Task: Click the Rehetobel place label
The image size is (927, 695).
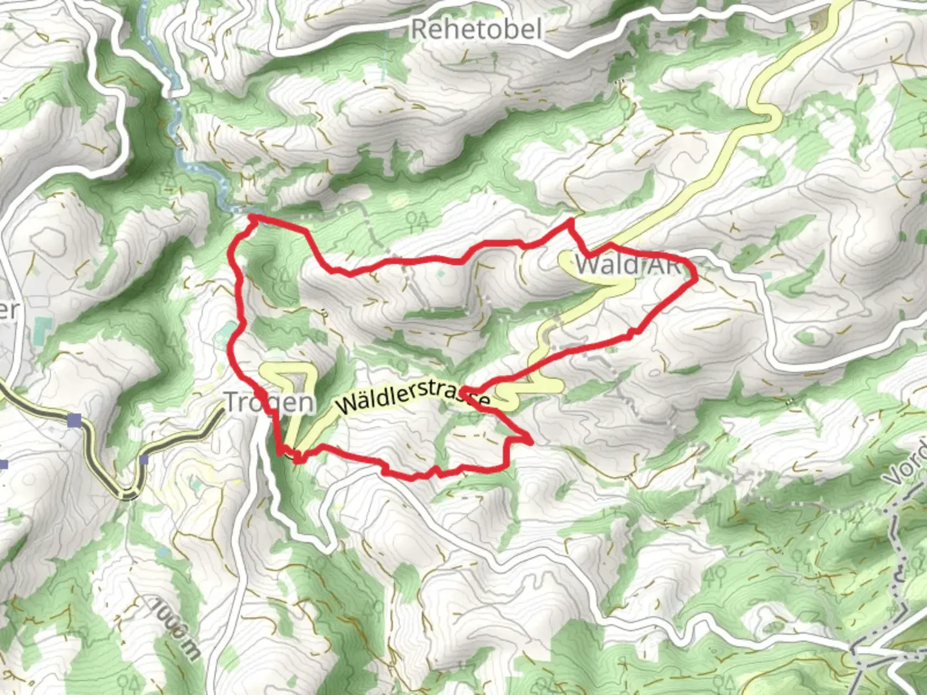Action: [x=476, y=29]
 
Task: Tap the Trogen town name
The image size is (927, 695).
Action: [x=269, y=402]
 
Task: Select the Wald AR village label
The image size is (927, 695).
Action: [x=628, y=264]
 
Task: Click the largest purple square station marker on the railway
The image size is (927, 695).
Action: [x=75, y=420]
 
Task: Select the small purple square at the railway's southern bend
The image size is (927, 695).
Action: [x=144, y=459]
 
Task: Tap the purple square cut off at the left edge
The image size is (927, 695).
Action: [x=3, y=464]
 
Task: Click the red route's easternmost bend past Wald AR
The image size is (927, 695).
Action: [x=695, y=275]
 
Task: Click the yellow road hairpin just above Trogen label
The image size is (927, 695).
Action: [x=286, y=369]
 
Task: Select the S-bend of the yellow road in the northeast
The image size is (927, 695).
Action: [x=766, y=113]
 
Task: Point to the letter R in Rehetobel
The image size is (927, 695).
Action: [x=419, y=29]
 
